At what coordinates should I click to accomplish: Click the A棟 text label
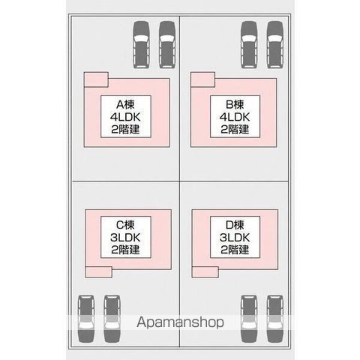point(125,104)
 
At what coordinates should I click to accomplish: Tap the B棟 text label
point(235,104)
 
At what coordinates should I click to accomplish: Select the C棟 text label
point(125,225)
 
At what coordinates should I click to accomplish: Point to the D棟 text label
point(235,225)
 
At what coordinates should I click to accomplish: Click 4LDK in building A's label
point(125,117)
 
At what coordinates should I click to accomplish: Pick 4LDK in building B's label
point(235,117)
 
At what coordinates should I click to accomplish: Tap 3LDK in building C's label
point(125,238)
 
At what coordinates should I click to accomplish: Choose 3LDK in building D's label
point(235,238)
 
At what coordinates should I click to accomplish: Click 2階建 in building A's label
point(125,130)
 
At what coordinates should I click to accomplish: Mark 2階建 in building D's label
point(235,250)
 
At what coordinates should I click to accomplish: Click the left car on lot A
point(141,44)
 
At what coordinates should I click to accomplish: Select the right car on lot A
point(167,44)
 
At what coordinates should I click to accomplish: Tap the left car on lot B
point(249,44)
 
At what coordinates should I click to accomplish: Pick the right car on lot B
point(275,44)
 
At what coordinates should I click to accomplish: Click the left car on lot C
point(86,319)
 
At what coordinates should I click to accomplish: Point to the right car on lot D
point(275,319)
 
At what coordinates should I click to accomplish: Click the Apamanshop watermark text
point(180,322)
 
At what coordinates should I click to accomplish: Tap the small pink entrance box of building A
point(96,79)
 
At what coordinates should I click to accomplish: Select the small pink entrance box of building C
point(98,272)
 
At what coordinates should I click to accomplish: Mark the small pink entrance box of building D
point(205,272)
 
